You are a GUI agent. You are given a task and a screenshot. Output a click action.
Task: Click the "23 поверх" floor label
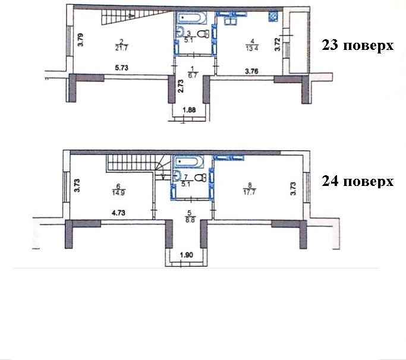coord(358,45)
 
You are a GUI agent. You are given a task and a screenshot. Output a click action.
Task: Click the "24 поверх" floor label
coord(358,181)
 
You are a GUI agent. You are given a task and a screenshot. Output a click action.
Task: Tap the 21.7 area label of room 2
coord(122,48)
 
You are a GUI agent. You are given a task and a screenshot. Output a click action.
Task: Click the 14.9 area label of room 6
coord(118,192)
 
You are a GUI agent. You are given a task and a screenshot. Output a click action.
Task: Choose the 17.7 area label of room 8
coord(250,192)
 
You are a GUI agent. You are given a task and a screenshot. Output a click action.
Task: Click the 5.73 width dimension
coord(121,68)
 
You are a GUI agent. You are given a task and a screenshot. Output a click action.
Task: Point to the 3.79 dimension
coord(81,40)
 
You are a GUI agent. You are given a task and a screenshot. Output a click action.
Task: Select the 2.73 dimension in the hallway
coord(181,86)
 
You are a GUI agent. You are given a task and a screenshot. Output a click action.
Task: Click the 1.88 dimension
coord(189,110)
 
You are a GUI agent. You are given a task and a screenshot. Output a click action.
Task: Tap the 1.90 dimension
coord(187,255)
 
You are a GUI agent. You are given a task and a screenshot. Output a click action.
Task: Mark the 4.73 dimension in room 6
coord(118,213)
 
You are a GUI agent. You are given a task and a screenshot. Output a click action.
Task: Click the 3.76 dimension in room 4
coord(251,71)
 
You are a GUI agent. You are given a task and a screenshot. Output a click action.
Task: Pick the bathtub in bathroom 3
coord(192,18)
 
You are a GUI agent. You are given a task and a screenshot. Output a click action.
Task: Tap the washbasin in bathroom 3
coord(181,32)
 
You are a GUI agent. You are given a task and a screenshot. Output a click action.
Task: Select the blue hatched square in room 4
coord(273,17)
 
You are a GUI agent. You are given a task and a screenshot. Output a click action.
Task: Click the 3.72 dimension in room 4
coord(278,45)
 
